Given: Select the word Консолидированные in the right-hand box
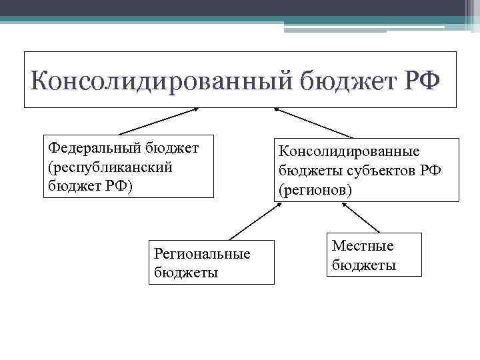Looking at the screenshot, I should pos(349,153).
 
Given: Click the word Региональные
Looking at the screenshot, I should pos(202,254).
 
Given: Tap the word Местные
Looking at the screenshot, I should pos(363,246).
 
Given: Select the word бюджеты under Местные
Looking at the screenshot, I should pos(364,265).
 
